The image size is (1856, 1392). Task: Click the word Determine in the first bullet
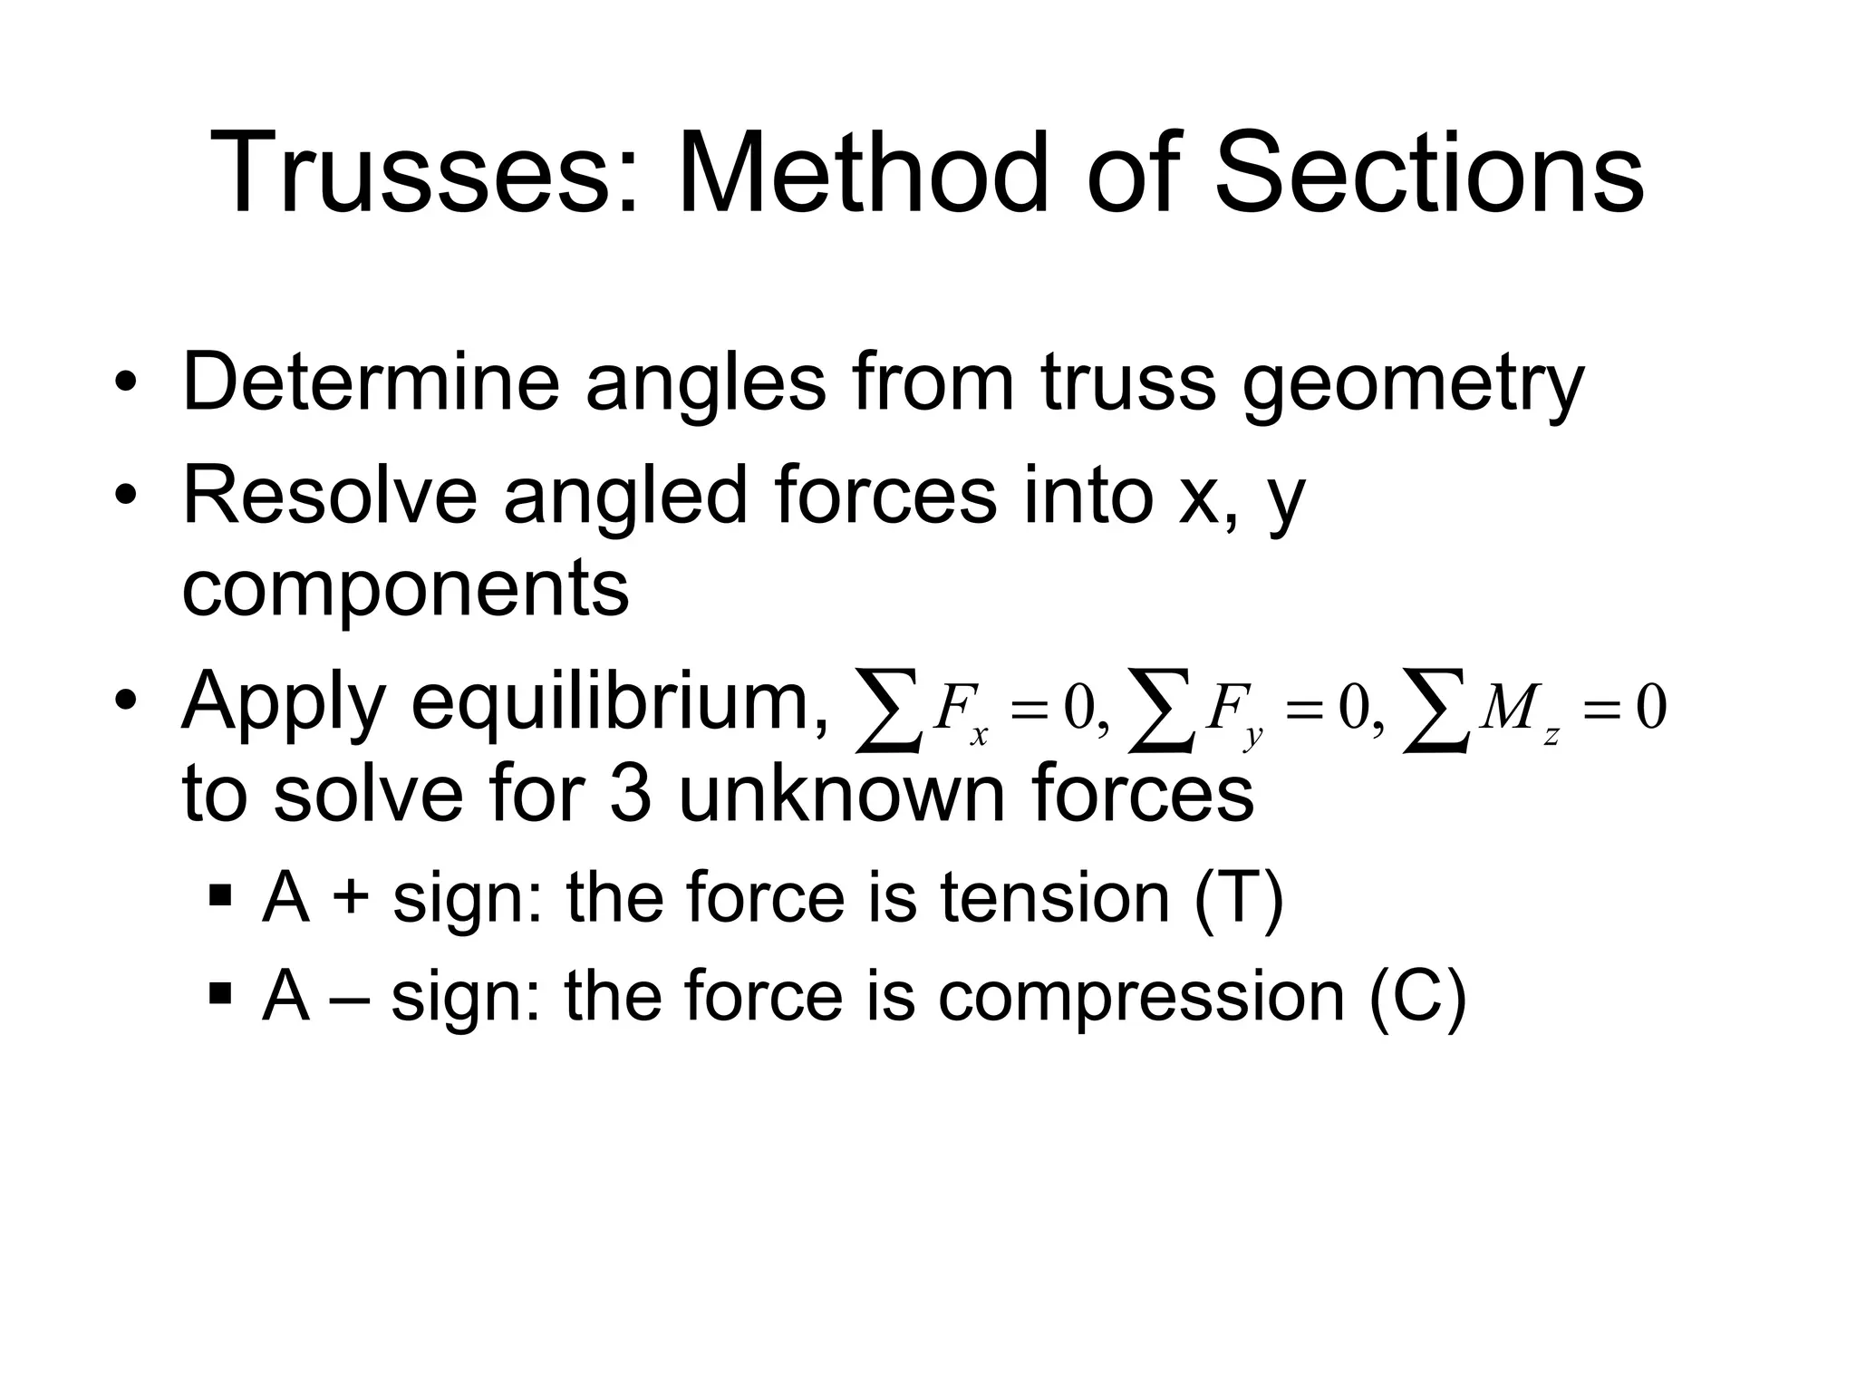click(372, 382)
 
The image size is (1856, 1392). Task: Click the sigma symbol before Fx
click(888, 710)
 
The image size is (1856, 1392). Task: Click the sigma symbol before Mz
click(1435, 710)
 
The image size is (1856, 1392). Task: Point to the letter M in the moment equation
click(1508, 708)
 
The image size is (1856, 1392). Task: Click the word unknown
click(842, 794)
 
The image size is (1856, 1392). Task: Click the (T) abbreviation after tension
click(1239, 898)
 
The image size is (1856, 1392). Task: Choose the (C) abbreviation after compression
click(1418, 997)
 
